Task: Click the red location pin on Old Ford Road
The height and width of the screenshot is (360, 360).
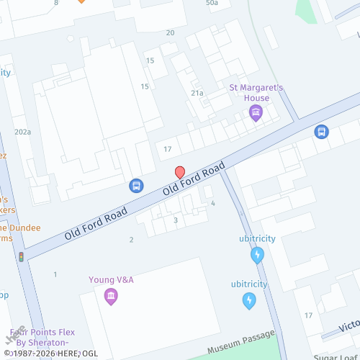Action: (180, 172)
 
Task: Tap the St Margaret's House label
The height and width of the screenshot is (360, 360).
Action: (257, 93)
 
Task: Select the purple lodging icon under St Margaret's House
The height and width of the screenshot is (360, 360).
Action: (254, 112)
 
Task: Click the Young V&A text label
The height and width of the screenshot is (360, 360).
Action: (111, 279)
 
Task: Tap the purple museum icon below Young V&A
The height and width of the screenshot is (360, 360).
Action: (110, 296)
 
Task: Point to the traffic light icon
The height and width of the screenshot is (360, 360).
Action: (22, 256)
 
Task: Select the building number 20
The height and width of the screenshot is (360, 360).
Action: (170, 32)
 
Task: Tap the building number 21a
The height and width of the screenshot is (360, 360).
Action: (197, 93)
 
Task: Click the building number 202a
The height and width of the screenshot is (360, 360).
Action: (22, 132)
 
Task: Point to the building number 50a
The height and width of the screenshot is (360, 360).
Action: (212, 3)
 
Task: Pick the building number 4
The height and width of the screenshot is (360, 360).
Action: (213, 204)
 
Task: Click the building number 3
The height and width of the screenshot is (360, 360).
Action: (176, 220)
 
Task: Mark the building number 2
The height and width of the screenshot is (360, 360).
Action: (131, 240)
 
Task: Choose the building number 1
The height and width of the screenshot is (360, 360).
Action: (55, 274)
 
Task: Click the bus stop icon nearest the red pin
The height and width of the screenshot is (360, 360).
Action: (135, 186)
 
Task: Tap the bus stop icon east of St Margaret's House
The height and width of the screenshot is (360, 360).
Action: (321, 132)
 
